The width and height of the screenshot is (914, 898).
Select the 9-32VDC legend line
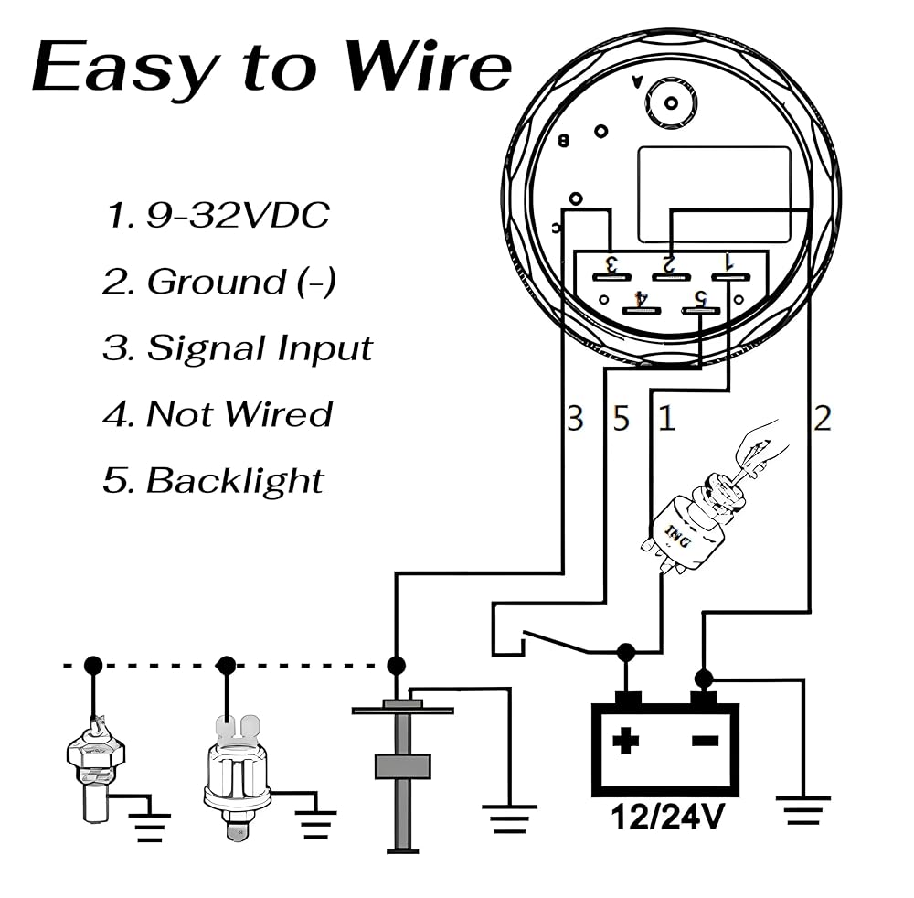point(218,216)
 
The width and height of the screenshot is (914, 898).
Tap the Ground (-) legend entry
point(219,282)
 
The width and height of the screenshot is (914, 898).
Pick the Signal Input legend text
point(238,348)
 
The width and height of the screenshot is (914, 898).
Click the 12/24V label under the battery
point(664,817)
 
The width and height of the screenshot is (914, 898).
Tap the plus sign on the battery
point(625,740)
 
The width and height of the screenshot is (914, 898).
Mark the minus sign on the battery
point(704,740)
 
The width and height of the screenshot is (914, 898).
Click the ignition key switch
point(699,521)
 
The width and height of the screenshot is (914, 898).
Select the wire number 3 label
point(574,419)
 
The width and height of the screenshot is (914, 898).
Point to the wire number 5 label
point(622,419)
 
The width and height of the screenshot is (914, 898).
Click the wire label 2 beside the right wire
point(823,419)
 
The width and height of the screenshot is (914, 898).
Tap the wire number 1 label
point(667,419)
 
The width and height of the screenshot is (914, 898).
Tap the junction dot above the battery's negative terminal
point(703,679)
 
